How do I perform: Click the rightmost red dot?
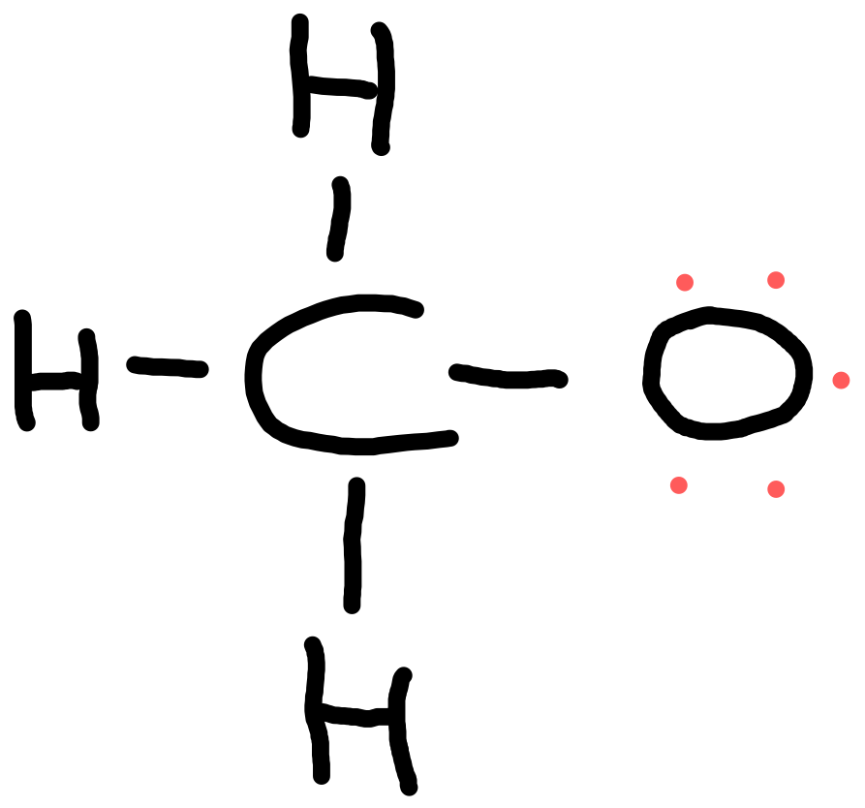(841, 381)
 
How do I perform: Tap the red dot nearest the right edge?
(841, 381)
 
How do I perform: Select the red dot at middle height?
(841, 381)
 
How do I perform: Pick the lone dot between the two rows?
(841, 381)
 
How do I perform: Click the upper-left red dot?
(685, 283)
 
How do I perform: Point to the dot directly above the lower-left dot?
(685, 283)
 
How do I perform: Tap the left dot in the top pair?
(685, 283)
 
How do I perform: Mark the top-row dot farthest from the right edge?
(685, 283)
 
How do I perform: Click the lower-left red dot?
(679, 485)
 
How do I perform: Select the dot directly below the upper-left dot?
(679, 485)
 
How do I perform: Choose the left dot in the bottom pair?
(679, 485)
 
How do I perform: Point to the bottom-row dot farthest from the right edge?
(679, 485)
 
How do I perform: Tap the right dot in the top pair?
(776, 280)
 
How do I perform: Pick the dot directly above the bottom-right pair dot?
(776, 280)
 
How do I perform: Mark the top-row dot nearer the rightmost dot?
(776, 280)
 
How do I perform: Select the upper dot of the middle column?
(776, 280)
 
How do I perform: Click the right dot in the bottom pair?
(776, 489)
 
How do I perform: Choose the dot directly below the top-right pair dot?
(776, 489)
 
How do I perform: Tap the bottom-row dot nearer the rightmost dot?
(776, 489)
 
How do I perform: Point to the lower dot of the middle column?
(776, 489)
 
